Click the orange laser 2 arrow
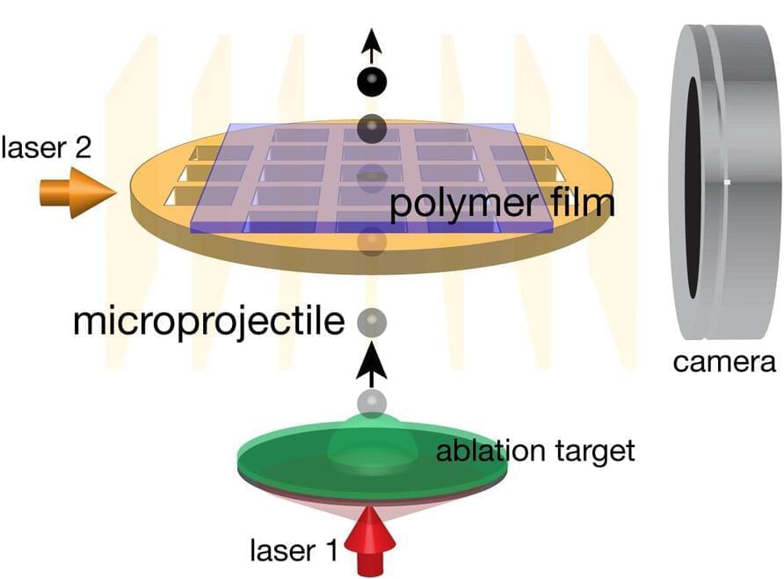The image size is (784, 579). tap(77, 191)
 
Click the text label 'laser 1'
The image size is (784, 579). tap(294, 551)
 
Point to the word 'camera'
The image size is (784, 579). tap(725, 361)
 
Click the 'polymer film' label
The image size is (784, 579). tap(502, 205)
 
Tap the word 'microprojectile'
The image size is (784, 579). tap(208, 322)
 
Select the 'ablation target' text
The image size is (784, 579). tap(534, 452)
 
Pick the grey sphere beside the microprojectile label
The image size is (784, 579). tap(372, 322)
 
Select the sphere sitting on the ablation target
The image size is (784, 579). tap(372, 404)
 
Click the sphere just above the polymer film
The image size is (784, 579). tap(373, 128)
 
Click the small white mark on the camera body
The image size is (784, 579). tap(729, 182)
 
